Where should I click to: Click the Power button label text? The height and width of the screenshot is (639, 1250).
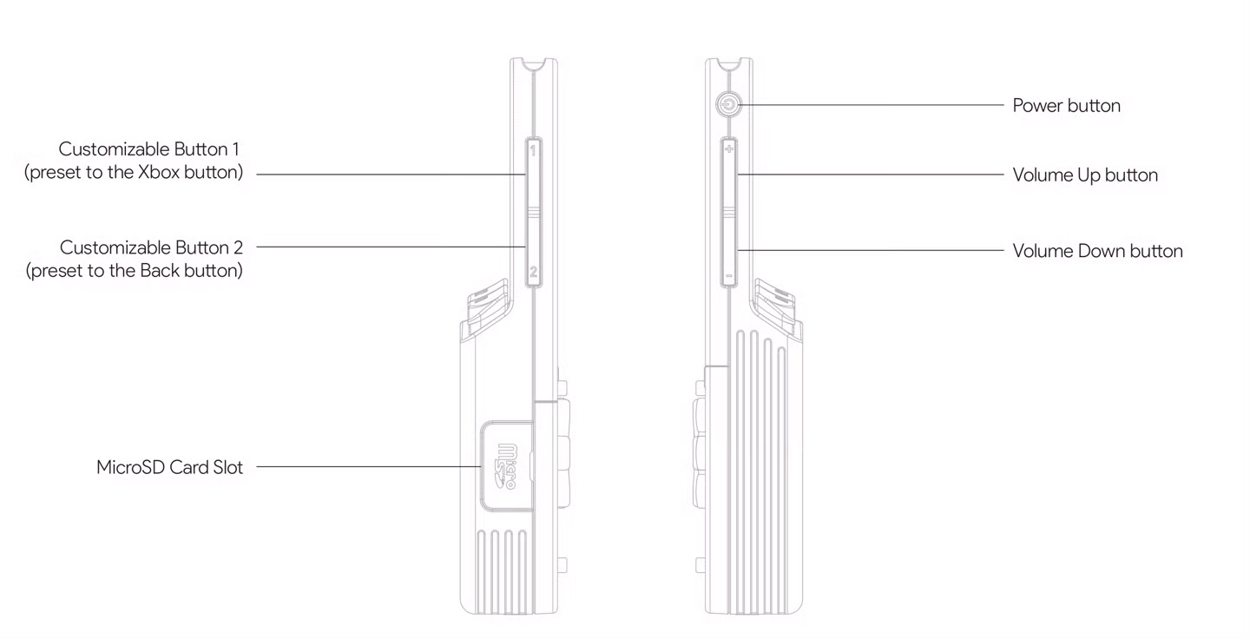pyautogui.click(x=1066, y=105)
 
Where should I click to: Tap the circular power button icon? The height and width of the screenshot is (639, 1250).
pyautogui.click(x=728, y=104)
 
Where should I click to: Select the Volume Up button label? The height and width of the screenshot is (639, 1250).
pyautogui.click(x=1085, y=175)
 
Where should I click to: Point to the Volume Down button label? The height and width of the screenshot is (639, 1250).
pyautogui.click(x=1097, y=251)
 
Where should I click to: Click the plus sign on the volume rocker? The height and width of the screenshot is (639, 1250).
pyautogui.click(x=729, y=149)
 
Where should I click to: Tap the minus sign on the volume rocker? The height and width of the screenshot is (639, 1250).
pyautogui.click(x=728, y=276)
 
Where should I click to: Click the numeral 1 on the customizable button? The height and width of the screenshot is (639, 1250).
pyautogui.click(x=533, y=150)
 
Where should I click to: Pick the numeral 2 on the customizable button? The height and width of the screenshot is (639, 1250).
pyautogui.click(x=534, y=272)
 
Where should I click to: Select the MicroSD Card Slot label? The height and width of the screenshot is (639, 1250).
pyautogui.click(x=169, y=467)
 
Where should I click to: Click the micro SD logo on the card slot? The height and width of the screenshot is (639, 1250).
pyautogui.click(x=507, y=466)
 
